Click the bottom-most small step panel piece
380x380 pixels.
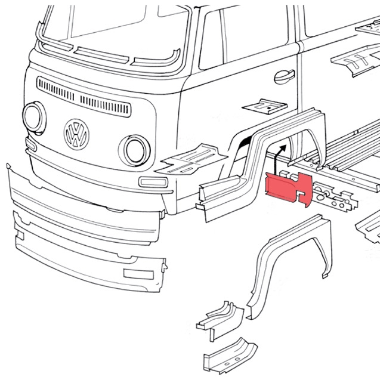click(230, 356)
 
